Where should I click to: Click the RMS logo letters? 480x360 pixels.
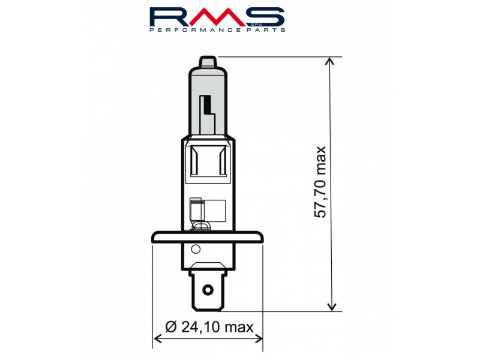click(217, 17)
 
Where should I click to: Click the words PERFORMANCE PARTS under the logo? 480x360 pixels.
click(217, 29)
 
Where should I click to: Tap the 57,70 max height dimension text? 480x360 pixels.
click(320, 182)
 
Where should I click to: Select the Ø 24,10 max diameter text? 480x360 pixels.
click(209, 327)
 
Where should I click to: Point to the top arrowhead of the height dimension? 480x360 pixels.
click(331, 61)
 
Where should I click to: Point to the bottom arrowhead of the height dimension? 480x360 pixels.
click(332, 307)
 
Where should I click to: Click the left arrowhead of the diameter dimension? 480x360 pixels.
click(157, 339)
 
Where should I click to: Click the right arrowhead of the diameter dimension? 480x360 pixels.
click(259, 339)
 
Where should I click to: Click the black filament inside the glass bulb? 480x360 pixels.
click(209, 104)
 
